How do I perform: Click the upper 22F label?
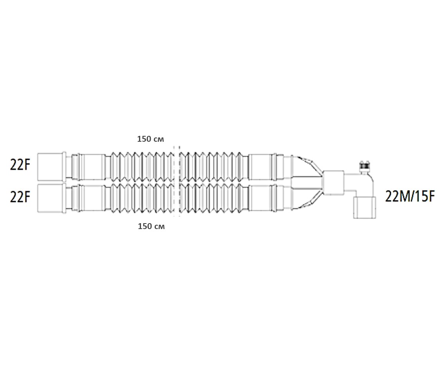click(x=20, y=166)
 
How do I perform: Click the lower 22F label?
click(x=20, y=197)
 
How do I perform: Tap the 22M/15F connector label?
click(x=410, y=197)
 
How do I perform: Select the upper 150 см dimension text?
click(x=150, y=139)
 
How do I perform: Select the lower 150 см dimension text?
click(x=151, y=226)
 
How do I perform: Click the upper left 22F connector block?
click(x=50, y=167)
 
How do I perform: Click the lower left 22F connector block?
click(x=50, y=198)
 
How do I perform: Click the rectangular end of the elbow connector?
click(x=365, y=208)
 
